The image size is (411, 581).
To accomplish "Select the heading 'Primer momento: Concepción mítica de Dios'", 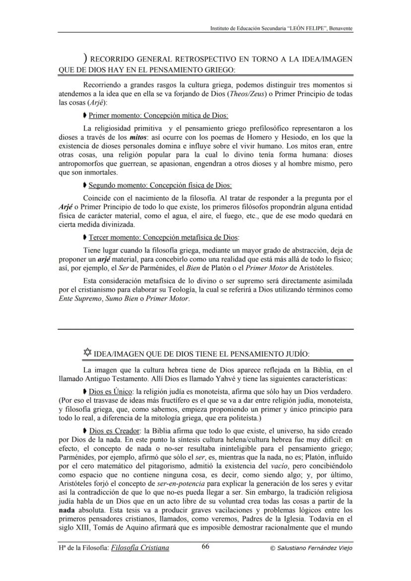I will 158,116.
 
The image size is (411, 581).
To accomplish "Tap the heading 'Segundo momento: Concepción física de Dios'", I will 160,186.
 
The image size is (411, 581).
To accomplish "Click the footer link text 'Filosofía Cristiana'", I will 140,548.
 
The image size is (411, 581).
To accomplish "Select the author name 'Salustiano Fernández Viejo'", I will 314,548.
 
